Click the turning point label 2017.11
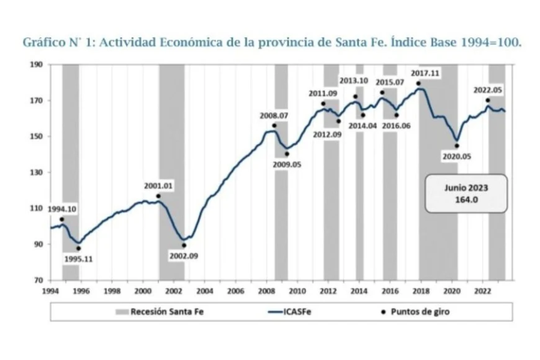point(425,73)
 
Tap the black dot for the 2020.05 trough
point(457,146)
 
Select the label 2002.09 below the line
point(183,256)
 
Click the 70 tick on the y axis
point(38,280)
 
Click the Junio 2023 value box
point(466,194)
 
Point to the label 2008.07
point(274,116)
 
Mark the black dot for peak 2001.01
point(158,196)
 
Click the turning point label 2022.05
point(488,90)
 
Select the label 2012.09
point(327,134)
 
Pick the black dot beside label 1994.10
point(62,220)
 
